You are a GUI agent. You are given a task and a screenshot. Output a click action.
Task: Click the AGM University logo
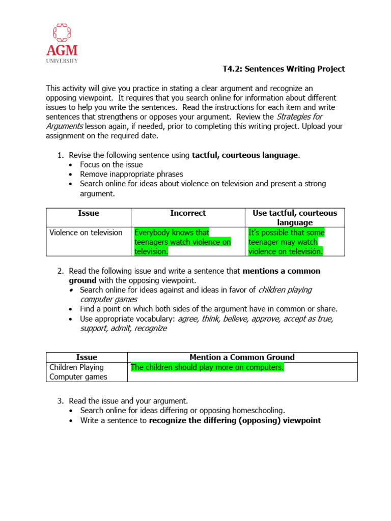point(63,43)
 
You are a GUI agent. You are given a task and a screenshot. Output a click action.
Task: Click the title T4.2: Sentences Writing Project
point(284,69)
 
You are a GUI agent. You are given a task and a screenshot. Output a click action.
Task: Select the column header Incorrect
point(188,213)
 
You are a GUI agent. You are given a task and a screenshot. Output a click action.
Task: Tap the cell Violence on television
point(86,233)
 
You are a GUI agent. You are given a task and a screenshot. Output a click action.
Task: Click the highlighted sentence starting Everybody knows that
point(182,242)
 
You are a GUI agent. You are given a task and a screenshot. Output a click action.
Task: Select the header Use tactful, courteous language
point(295,218)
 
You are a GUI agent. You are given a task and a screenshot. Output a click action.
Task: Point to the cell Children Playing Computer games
point(78,372)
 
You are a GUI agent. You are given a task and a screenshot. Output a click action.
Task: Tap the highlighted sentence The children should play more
point(207,367)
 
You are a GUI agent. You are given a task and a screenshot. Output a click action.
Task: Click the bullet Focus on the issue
point(111,165)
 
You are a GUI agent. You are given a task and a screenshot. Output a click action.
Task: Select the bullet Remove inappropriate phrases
point(124,174)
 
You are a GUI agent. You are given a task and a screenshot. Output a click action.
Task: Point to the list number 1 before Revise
point(60,155)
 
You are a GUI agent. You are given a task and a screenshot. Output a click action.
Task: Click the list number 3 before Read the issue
point(60,401)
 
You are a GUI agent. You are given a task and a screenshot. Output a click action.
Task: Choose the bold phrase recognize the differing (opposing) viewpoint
point(235,420)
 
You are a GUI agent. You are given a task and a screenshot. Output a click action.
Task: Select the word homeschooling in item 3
point(259,411)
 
